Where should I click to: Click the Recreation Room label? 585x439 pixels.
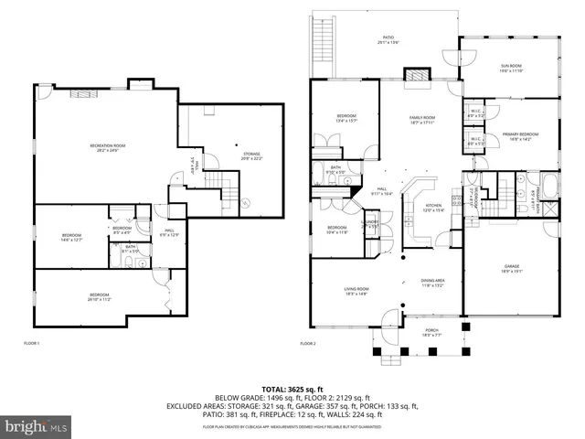[107, 148]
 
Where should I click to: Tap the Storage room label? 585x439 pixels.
[252, 155]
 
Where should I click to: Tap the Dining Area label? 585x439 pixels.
[432, 284]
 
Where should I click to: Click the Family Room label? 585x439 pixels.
[421, 119]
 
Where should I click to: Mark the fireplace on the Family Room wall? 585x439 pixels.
[416, 74]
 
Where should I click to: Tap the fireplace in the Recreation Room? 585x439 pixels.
[83, 92]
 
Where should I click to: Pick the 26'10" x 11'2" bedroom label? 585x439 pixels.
[98, 296]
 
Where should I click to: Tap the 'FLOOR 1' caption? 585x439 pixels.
[32, 343]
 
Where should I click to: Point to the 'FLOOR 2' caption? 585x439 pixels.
[308, 343]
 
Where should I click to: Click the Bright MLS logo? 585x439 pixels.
[37, 425]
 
